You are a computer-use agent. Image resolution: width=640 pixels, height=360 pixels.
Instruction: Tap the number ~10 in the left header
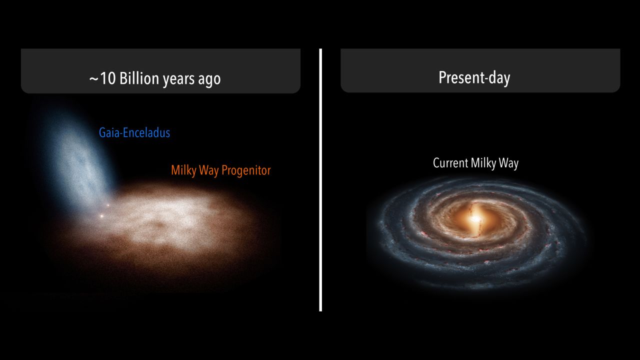[x=102, y=78]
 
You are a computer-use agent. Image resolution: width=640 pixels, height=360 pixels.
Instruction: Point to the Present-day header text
[x=474, y=77]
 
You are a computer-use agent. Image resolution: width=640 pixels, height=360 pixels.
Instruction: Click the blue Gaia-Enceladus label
[x=134, y=132]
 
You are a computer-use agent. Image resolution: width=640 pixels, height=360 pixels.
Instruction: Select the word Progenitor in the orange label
[x=246, y=170]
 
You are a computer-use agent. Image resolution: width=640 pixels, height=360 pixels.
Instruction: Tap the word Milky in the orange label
[x=183, y=170]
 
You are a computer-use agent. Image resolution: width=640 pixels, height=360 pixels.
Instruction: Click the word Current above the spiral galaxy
[x=450, y=163]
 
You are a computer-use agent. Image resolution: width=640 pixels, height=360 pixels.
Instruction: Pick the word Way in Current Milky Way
[x=508, y=163]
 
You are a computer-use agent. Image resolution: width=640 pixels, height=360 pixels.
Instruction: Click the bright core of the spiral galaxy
[x=475, y=219]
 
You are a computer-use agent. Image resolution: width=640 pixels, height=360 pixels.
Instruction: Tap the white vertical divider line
[x=320, y=179]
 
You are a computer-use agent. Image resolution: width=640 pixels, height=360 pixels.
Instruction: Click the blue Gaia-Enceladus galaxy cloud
[x=79, y=160]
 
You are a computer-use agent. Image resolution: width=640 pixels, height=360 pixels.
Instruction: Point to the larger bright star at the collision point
[x=101, y=216]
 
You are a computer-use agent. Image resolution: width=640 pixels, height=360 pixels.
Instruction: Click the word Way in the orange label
[x=208, y=171]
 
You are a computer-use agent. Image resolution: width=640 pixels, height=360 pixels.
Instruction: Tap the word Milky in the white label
[x=483, y=163]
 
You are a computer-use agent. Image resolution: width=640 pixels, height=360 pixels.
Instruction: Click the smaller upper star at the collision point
[x=108, y=205]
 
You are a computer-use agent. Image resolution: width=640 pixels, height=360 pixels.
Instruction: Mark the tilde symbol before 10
[x=93, y=79]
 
